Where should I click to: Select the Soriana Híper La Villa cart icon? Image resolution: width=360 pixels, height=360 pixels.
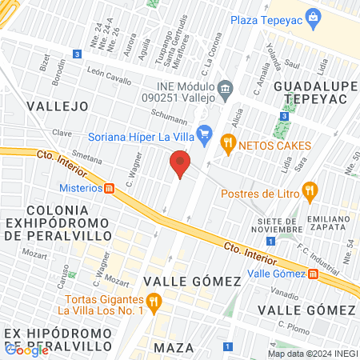(x=205, y=133)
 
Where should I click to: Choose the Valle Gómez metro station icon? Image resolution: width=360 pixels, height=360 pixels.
(x=314, y=273)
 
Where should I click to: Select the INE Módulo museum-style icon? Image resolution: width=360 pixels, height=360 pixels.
(x=226, y=86)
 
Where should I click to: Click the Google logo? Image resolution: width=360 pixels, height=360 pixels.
(x=26, y=350)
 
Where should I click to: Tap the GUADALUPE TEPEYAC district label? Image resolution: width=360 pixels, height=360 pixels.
(x=314, y=92)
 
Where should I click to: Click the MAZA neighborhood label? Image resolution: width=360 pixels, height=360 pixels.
(x=173, y=347)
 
